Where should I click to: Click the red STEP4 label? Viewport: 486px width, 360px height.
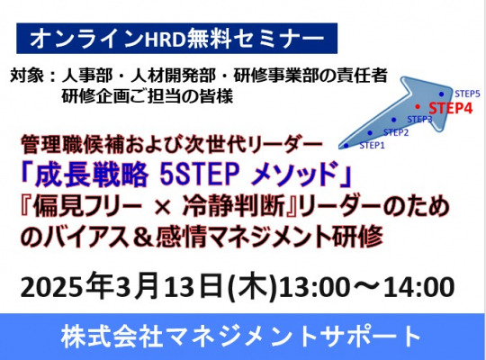coord(451,108)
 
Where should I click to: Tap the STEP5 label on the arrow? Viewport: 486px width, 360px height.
coord(467,94)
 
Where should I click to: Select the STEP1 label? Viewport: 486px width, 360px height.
coord(372,145)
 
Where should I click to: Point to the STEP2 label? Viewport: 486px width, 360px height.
coord(396,132)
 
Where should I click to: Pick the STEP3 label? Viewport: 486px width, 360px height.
coord(419,120)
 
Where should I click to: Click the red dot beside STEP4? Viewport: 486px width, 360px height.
coord(418,107)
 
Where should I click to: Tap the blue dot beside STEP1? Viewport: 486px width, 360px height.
coord(346,146)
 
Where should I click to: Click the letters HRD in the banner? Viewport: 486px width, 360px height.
coord(165,39)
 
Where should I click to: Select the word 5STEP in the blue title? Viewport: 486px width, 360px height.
coord(200,173)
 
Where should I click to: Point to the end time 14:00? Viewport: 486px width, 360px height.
coord(419,287)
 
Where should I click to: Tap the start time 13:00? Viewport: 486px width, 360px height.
coord(315,287)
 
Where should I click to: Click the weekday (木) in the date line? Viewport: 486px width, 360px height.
coord(253,286)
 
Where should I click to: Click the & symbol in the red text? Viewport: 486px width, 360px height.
coord(143,238)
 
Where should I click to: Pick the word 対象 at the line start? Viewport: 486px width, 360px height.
coord(27,76)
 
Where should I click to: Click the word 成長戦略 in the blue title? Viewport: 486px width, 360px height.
coord(92,174)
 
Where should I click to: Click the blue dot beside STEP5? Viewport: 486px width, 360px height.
coord(441,94)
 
